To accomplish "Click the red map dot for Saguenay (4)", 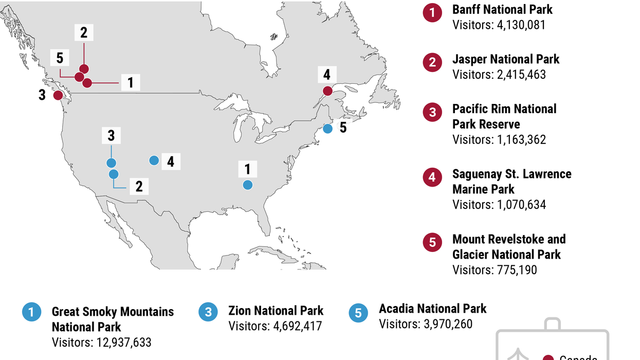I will coord(327,91).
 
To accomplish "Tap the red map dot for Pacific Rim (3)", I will coord(58,95).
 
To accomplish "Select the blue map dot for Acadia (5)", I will coord(327,129).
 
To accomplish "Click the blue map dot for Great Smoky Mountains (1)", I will coord(248,185).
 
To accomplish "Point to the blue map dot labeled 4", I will coord(154,160).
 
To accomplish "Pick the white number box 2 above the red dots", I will coord(84,33).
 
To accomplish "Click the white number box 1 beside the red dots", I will coord(131,82).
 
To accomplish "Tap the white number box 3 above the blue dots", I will coord(111,136).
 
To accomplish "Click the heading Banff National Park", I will coord(502,9).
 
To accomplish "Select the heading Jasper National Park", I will coord(506,59).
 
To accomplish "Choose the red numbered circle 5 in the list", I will coord(432,242).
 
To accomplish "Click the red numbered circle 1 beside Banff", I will coord(432,13).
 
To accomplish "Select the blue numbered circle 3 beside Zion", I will coord(208,312).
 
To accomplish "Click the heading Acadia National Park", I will coord(432,309).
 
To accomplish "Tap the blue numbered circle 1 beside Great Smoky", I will coord(31,312).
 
